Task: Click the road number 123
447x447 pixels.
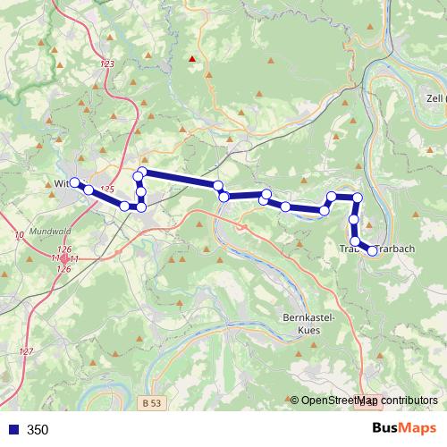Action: [109, 64]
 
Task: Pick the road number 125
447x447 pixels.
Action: [108, 189]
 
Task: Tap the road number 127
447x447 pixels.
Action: [27, 351]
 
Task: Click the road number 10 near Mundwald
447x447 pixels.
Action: [19, 234]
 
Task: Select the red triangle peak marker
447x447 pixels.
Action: [191, 60]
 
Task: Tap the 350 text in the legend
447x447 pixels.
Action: [38, 430]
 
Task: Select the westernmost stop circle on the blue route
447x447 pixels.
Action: [75, 183]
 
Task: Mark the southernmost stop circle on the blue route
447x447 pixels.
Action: [372, 250]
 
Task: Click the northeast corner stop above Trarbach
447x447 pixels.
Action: [358, 197]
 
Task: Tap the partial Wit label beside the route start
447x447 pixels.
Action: [62, 184]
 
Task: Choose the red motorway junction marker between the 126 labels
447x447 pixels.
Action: [63, 258]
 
